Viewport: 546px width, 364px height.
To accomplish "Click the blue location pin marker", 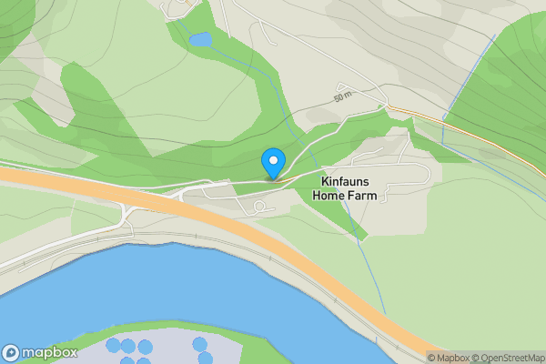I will [x=272, y=163].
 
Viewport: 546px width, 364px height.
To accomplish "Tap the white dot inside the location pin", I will [x=272, y=160].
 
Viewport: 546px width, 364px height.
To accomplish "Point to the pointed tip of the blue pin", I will [x=272, y=178].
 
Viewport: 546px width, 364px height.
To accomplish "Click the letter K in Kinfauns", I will [x=325, y=181].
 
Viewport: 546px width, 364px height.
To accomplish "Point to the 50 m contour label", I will [x=342, y=96].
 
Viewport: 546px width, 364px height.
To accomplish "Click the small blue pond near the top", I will [x=200, y=40].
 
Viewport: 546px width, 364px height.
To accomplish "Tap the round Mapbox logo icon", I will [x=11, y=353].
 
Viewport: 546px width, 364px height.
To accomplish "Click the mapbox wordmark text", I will [x=49, y=353].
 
